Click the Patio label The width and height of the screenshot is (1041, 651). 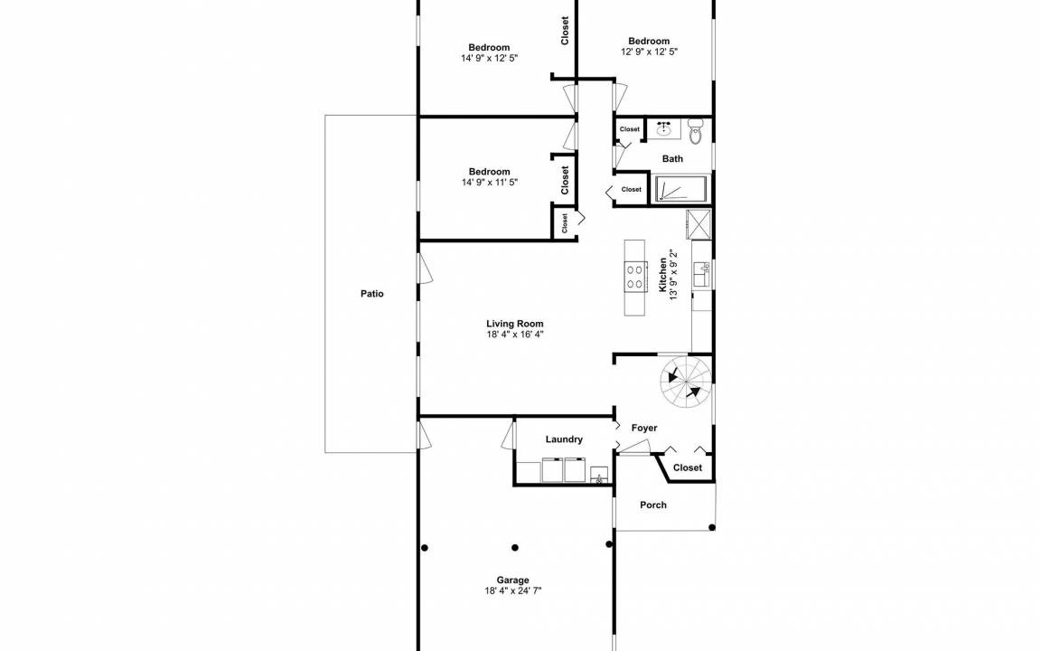(371, 294)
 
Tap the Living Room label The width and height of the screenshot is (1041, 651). (514, 325)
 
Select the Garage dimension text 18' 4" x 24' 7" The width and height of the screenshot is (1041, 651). (513, 590)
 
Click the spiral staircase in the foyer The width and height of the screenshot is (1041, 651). (685, 383)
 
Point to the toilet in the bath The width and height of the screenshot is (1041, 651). (695, 131)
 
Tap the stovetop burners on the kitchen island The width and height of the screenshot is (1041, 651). (634, 277)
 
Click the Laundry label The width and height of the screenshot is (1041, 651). (564, 439)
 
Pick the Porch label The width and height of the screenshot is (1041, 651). (653, 505)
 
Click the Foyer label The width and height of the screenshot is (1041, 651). (644, 428)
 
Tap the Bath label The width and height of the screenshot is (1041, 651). (672, 159)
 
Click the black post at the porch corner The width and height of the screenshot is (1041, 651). (712, 527)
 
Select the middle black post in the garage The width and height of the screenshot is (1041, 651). (515, 548)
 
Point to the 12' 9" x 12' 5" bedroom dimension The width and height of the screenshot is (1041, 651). (650, 52)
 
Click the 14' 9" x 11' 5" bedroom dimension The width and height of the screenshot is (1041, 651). (490, 182)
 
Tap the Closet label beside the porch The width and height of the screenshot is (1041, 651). (687, 467)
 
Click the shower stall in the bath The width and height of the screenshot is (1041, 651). (682, 189)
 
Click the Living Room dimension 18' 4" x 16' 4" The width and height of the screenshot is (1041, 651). (515, 335)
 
